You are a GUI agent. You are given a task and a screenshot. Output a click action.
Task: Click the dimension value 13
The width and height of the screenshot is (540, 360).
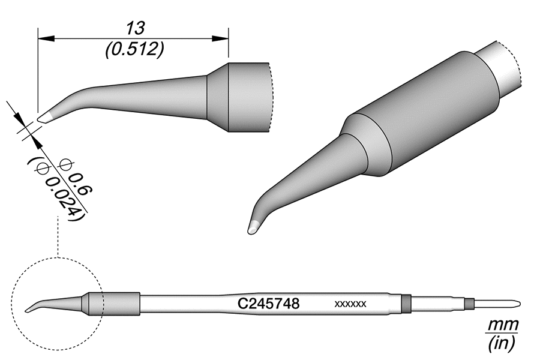point(133,28)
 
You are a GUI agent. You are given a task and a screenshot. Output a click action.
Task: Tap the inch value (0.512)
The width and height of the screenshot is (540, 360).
point(133,50)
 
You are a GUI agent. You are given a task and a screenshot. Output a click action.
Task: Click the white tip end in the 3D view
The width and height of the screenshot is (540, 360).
point(253,227)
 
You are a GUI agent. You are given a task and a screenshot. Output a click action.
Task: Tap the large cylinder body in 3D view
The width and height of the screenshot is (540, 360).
point(426,114)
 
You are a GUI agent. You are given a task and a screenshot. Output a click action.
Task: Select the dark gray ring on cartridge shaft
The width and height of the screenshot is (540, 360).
point(406,304)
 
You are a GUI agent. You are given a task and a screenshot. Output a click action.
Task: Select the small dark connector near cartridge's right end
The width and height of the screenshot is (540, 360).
point(470,303)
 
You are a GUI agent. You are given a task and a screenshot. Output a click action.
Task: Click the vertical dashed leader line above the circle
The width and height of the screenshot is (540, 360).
point(57,237)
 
